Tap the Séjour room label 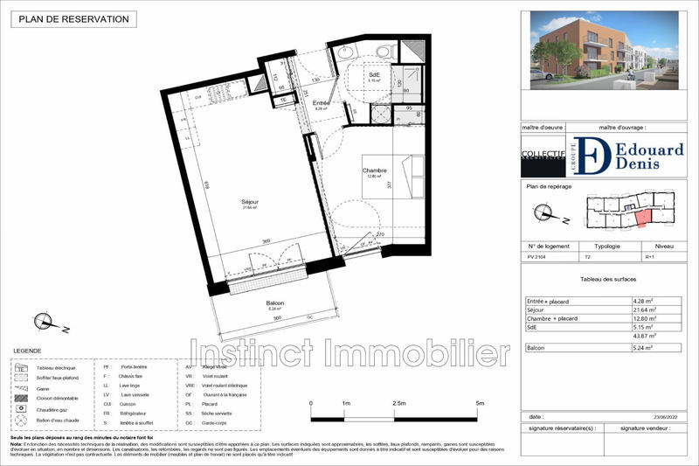coord(251,204)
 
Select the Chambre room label coord(376,170)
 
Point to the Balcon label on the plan coord(276,303)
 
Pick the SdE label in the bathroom coord(374,76)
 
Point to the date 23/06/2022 coord(666,417)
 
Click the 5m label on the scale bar coord(480,403)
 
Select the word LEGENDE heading coord(27,351)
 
